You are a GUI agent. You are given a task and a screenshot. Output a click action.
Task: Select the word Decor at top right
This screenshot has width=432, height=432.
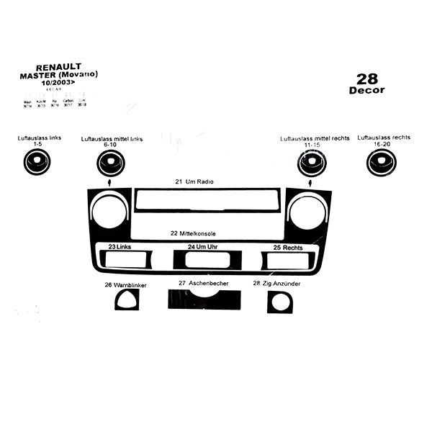click(x=367, y=91)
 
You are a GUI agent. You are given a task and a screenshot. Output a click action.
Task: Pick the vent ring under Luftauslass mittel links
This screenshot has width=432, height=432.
click(x=110, y=164)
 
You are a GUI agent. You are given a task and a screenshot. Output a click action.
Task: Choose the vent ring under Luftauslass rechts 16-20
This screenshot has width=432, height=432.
click(x=381, y=163)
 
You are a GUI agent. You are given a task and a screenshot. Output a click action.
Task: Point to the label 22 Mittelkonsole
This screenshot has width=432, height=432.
click(x=194, y=233)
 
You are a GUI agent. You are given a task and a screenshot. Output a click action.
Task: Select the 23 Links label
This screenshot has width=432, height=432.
click(x=120, y=247)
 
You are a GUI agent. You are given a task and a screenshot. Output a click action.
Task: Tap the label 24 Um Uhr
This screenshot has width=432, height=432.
click(x=202, y=247)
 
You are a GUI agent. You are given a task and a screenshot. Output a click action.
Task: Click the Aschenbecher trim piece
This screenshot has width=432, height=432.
click(x=204, y=300)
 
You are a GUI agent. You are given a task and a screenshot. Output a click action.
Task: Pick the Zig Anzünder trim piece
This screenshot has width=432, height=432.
click(x=279, y=302)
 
